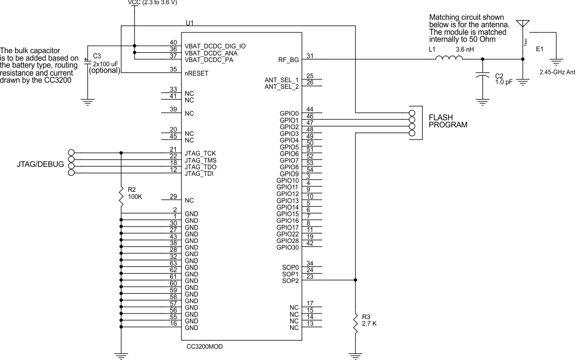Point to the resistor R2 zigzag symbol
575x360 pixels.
click(121, 196)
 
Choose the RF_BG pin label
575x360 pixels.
click(288, 60)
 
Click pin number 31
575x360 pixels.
click(310, 56)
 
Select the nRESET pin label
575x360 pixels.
click(197, 73)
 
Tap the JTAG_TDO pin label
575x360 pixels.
click(201, 167)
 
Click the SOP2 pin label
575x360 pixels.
click(291, 281)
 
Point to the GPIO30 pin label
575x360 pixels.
click(287, 247)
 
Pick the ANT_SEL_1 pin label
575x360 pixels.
click(282, 79)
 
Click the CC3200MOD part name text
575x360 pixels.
click(205, 346)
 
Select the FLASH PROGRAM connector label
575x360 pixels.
click(448, 121)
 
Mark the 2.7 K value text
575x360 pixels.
click(369, 323)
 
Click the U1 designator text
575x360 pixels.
click(189, 23)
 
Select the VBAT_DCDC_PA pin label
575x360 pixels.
click(209, 60)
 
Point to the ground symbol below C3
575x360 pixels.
click(87, 101)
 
